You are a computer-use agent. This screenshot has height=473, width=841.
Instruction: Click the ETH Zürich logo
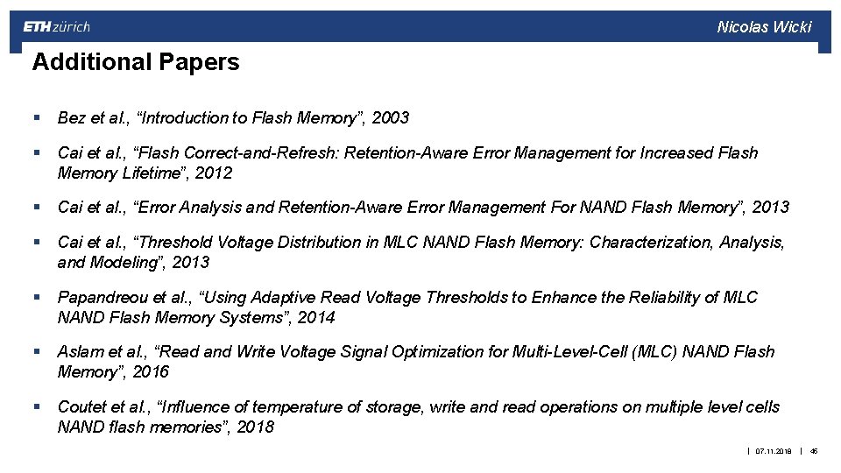[x=56, y=26]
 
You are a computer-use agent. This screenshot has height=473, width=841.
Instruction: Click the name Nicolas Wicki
[x=764, y=26]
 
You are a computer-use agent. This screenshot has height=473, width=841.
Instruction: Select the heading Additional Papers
[x=135, y=62]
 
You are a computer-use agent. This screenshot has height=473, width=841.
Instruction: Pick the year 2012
[x=214, y=173]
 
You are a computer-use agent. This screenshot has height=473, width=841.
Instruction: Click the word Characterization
[x=651, y=242]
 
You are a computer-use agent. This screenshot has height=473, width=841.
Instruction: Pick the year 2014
[x=316, y=318]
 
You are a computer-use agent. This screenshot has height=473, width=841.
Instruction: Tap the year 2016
[x=150, y=372]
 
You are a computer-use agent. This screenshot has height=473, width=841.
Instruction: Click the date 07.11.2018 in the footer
[x=773, y=451]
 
